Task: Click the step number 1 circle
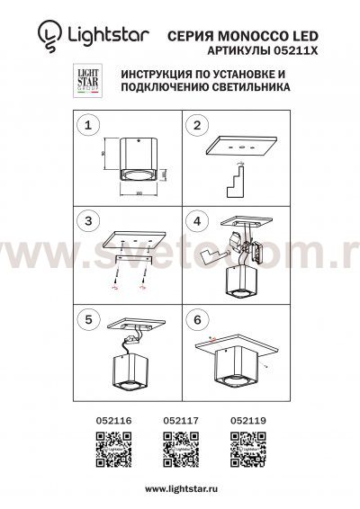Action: click(87, 126)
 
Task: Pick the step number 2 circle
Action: click(197, 126)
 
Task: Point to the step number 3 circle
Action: click(87, 219)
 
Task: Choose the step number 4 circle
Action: click(197, 219)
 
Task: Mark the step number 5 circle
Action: click(87, 317)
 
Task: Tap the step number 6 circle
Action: click(197, 317)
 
